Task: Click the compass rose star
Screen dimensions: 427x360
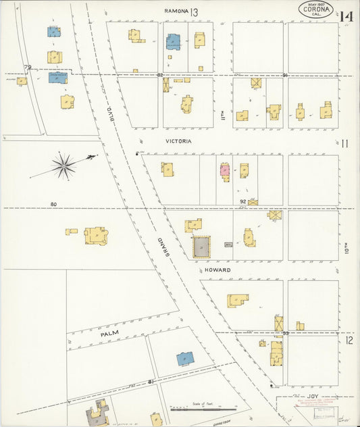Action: (64, 166)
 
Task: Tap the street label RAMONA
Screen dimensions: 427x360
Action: (176, 11)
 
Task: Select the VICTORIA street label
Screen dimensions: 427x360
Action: (178, 142)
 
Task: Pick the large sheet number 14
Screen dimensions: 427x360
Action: (348, 16)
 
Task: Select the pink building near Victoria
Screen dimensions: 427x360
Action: (224, 170)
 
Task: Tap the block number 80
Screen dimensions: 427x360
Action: (54, 204)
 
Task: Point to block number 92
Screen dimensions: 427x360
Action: (243, 201)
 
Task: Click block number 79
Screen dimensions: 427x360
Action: (28, 67)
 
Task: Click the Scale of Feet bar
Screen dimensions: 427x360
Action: (203, 408)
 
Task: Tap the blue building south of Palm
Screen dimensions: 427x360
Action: (184, 359)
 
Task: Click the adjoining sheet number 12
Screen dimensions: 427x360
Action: (349, 341)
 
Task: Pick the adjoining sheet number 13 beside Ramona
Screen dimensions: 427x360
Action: (195, 12)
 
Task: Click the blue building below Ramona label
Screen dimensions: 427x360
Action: (173, 42)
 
